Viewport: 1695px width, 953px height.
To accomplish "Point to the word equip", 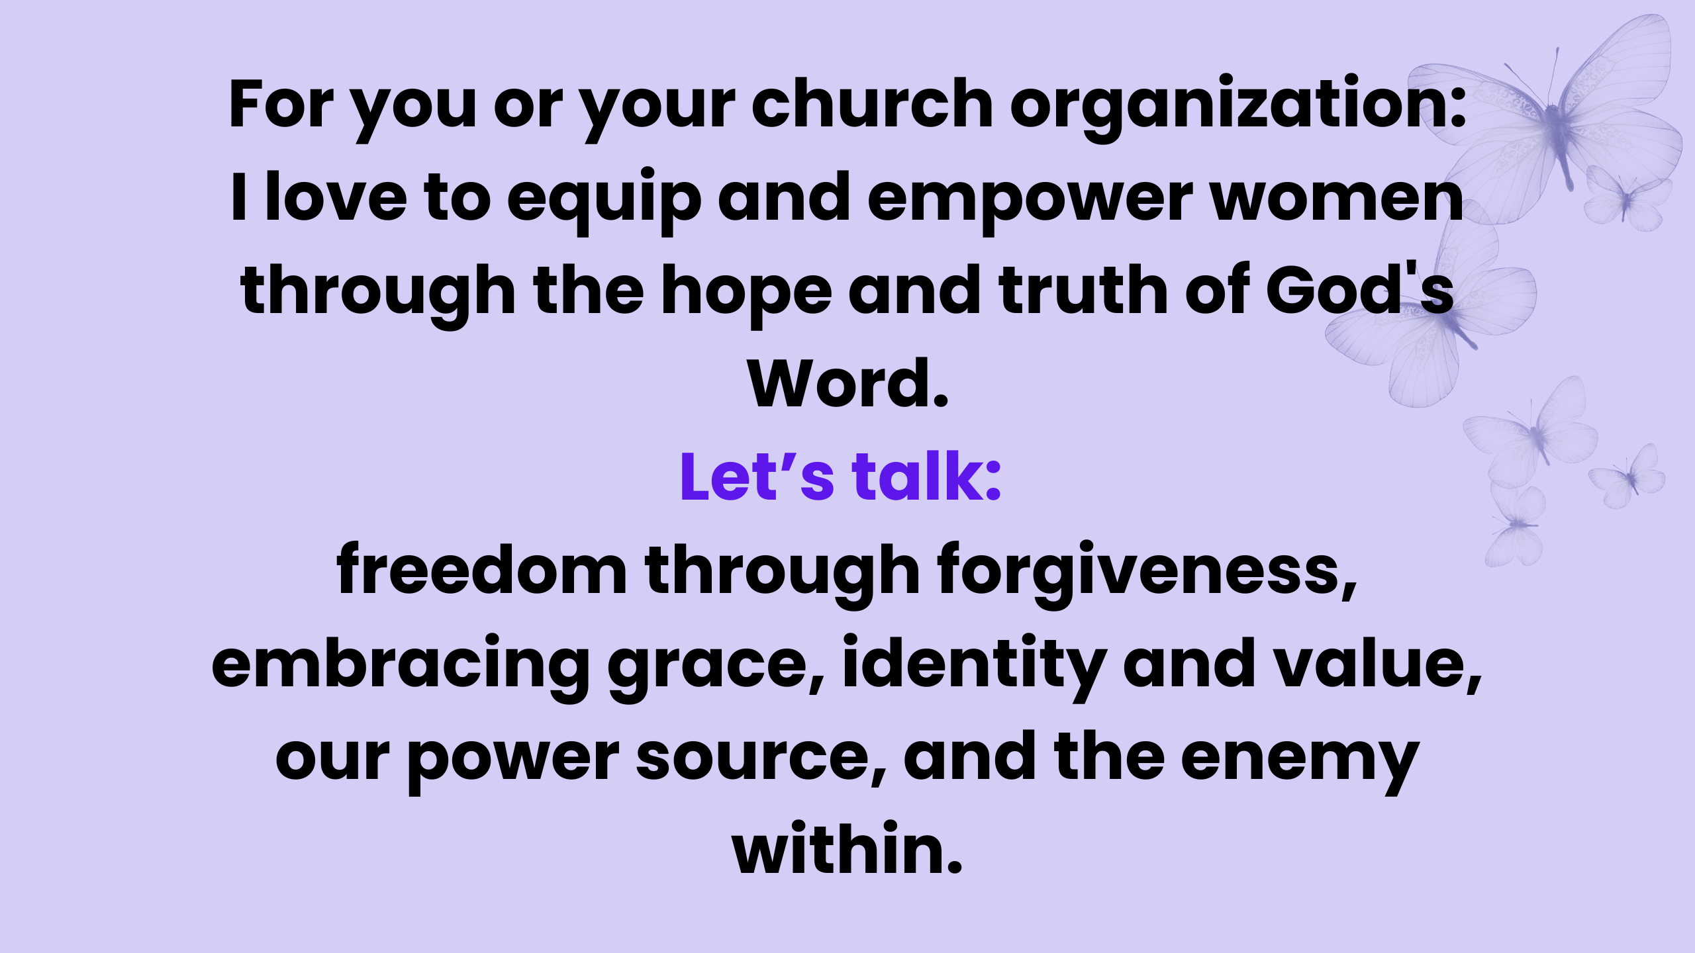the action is (x=604, y=201).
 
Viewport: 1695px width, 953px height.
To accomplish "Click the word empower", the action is (x=1030, y=201).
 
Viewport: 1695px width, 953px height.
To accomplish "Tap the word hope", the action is (x=747, y=295).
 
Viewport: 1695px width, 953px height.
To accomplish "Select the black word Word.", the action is (x=848, y=383).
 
